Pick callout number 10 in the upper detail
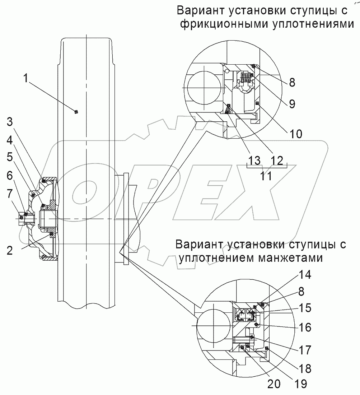[x=296, y=134]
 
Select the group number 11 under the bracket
[x=266, y=176]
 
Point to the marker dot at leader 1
[x=75, y=112]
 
